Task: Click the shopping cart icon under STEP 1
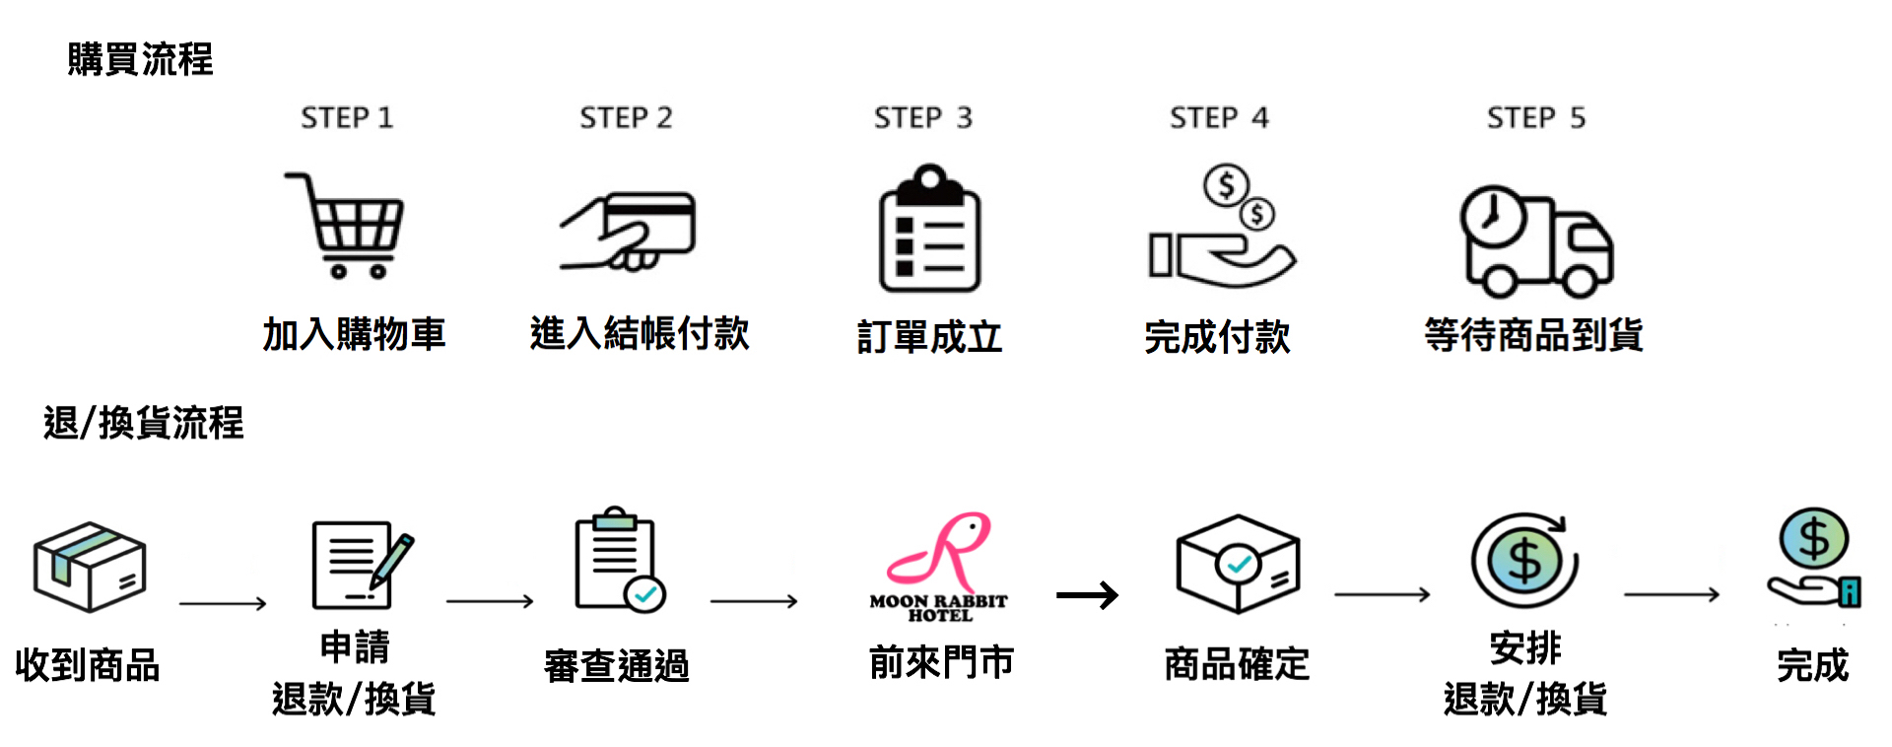tap(346, 225)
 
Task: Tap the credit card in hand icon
tap(629, 231)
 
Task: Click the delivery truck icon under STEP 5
tap(1535, 240)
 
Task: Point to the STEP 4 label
tap(1219, 118)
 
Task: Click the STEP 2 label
tap(626, 118)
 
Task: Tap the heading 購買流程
tap(140, 59)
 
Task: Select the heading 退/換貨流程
tap(144, 423)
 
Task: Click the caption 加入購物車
tap(354, 334)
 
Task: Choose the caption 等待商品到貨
tap(1533, 335)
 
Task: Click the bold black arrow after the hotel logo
tap(1087, 595)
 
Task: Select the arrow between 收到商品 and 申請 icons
tap(223, 603)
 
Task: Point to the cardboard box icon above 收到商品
tap(90, 566)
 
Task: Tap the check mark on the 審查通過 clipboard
tap(646, 593)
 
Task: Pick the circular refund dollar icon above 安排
tap(1524, 560)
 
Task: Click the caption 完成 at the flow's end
tap(1812, 665)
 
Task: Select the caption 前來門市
tap(941, 662)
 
